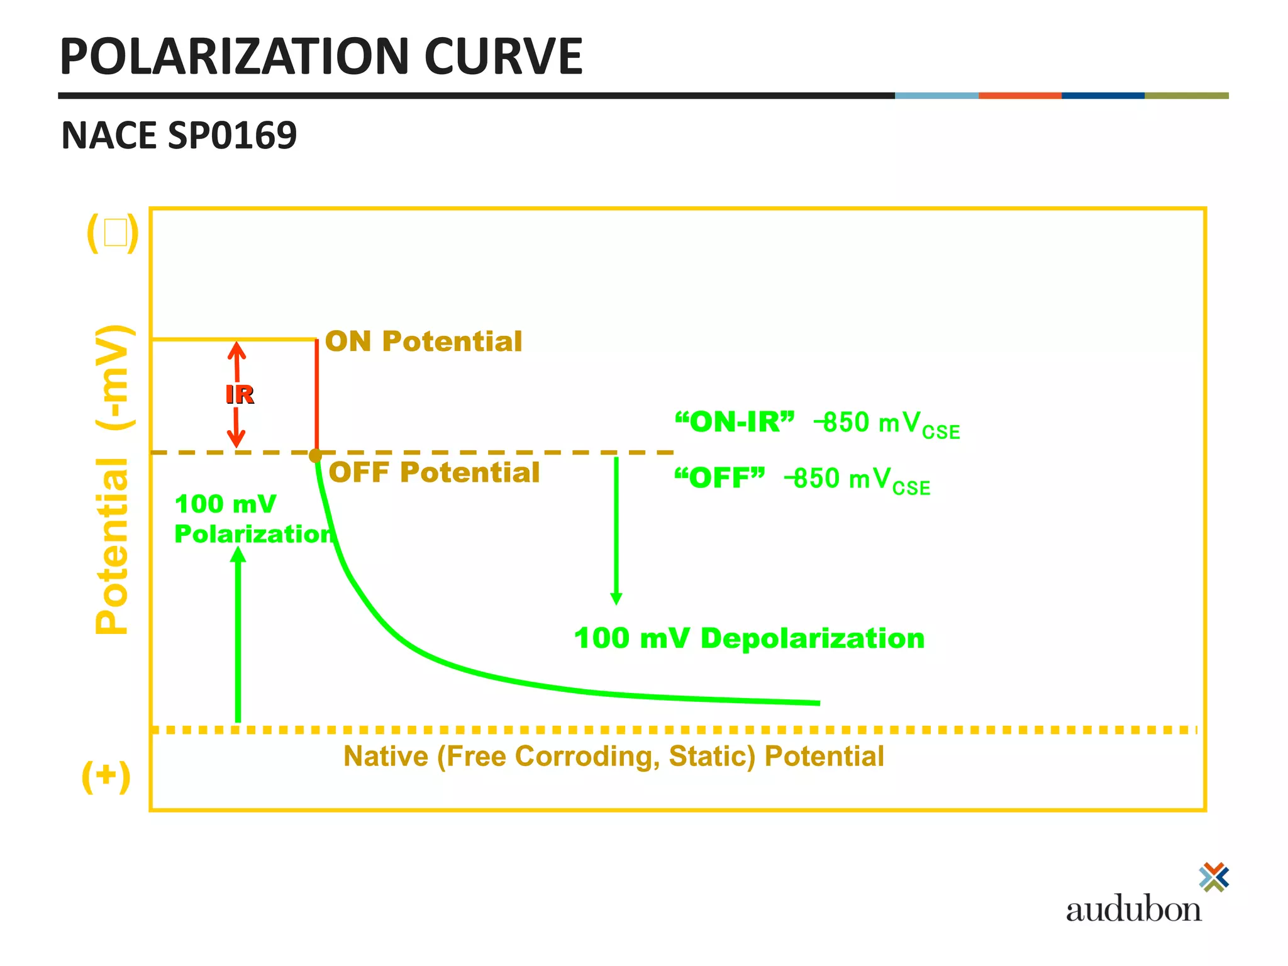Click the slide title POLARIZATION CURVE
[x=321, y=57]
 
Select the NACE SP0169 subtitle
[x=179, y=135]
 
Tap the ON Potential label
[x=423, y=341]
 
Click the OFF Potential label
[x=434, y=472]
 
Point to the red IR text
[x=240, y=395]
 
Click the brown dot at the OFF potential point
[x=316, y=455]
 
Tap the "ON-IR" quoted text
[x=734, y=422]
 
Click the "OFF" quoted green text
[x=719, y=479]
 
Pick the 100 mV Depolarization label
[x=749, y=638]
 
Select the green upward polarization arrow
[x=238, y=635]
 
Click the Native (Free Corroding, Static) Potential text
[x=613, y=756]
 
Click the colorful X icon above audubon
[x=1214, y=877]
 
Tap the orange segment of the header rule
[x=1019, y=96]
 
